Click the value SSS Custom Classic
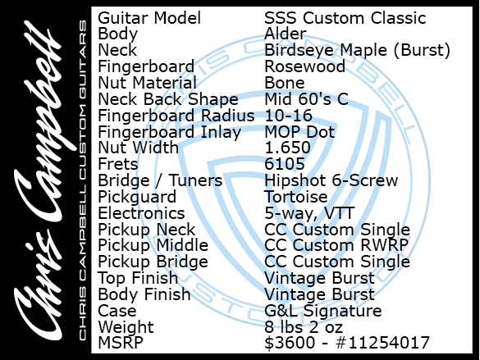click(345, 18)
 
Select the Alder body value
click(285, 34)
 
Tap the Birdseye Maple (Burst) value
click(357, 50)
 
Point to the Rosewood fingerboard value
click(304, 66)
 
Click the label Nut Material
click(147, 83)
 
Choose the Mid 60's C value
click(306, 99)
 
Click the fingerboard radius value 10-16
click(288, 116)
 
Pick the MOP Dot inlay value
click(299, 132)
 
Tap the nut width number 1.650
click(287, 148)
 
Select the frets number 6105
click(285, 164)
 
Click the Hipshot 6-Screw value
click(331, 180)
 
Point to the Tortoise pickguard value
click(295, 197)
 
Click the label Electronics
click(141, 213)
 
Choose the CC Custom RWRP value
click(336, 246)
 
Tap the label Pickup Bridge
click(153, 262)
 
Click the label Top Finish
click(138, 278)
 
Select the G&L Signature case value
click(323, 311)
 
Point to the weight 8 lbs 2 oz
click(304, 327)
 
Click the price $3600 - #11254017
click(347, 343)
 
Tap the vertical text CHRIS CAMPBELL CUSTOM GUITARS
click(83, 180)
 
